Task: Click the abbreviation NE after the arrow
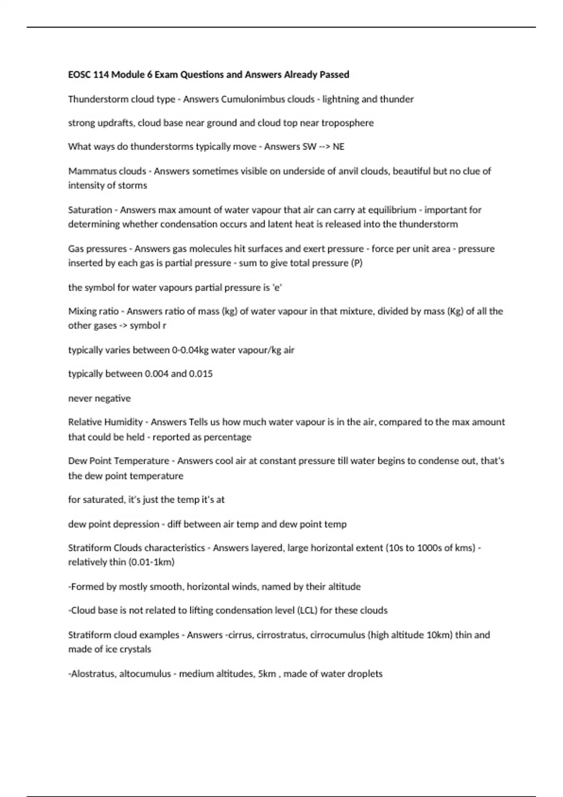pos(338,147)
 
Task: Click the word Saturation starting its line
pos(90,210)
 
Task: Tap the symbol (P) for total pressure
pos(357,263)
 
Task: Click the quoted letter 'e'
pos(277,287)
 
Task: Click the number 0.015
pos(200,374)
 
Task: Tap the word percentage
pos(228,437)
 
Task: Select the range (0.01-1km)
pos(151,562)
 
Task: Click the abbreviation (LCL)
pos(306,610)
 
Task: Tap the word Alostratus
pos(92,674)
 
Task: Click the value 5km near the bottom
pos(267,674)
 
